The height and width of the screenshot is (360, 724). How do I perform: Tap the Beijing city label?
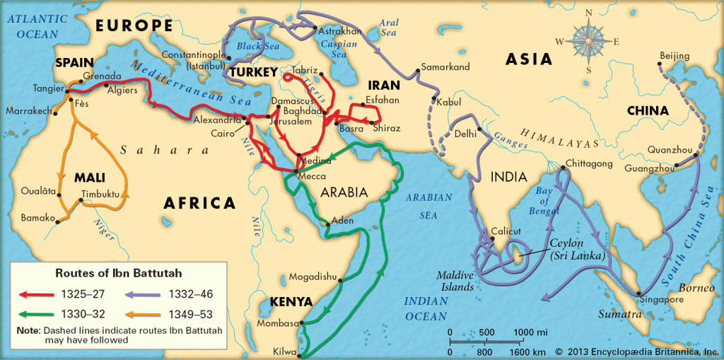point(674,55)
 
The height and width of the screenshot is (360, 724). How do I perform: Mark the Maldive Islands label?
point(455,281)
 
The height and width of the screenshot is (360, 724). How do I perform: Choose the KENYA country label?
point(290,302)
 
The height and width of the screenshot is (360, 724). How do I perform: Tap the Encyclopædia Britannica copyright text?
point(636,351)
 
